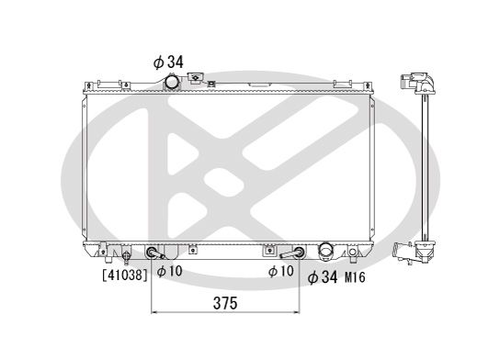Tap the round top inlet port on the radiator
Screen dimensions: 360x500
[171, 83]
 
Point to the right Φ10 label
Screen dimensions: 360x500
[281, 272]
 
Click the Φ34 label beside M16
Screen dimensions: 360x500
[323, 276]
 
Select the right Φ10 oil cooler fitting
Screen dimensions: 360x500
[296, 253]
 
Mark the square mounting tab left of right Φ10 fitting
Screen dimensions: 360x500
[268, 250]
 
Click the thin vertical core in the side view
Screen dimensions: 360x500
[425, 165]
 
